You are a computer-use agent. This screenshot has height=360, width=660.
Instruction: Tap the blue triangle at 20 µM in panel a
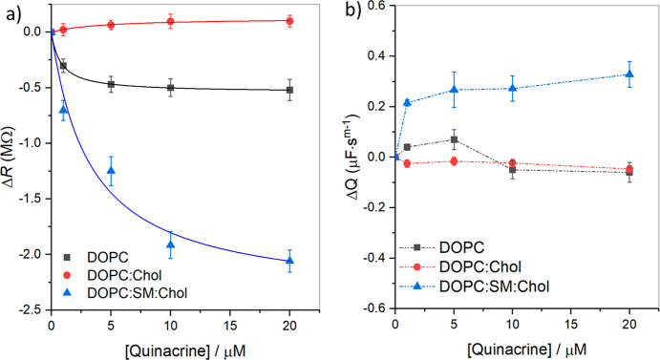tap(290, 261)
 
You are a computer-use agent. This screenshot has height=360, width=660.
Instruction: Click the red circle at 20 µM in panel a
tap(290, 20)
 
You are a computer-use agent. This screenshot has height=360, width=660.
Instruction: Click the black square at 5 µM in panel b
tap(455, 139)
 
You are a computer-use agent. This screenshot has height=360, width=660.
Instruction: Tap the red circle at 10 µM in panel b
tap(513, 163)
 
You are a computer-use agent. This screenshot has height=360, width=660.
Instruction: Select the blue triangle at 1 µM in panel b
tap(408, 102)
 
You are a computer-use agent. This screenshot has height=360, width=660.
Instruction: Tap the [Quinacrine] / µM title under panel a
tap(170, 348)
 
